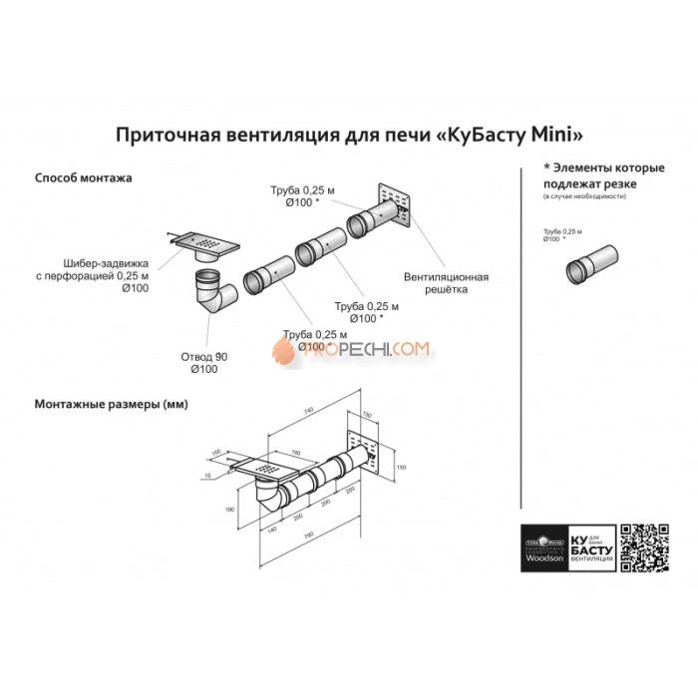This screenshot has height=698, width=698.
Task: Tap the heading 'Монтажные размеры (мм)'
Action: coord(111,405)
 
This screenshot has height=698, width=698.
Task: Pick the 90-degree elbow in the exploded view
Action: coord(211,293)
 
